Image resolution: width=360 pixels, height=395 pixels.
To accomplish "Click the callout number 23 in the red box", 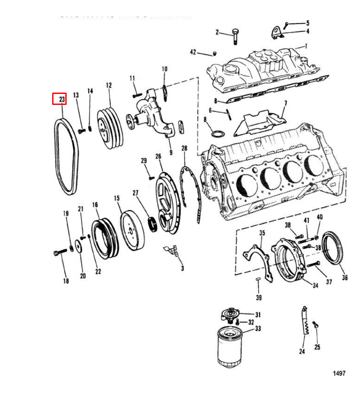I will point(59,99).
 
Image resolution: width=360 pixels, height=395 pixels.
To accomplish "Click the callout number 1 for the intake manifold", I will point(306,46).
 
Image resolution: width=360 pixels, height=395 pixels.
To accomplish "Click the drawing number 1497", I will point(339,373).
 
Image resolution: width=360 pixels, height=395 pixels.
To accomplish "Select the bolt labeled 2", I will point(235,36).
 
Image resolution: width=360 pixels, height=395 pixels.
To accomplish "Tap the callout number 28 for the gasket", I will point(184,148).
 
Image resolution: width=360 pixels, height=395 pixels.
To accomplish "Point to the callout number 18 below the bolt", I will point(66,281).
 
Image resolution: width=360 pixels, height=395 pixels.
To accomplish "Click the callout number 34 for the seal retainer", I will point(315,286).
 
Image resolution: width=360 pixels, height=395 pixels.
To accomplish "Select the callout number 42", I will point(193,52).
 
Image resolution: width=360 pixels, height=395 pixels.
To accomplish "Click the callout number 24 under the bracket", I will point(302,351).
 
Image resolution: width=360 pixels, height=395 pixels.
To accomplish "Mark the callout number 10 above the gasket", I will point(164,69).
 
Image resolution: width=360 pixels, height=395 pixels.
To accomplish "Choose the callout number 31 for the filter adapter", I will point(258,314).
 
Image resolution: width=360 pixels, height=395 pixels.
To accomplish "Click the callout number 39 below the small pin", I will point(259,298).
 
